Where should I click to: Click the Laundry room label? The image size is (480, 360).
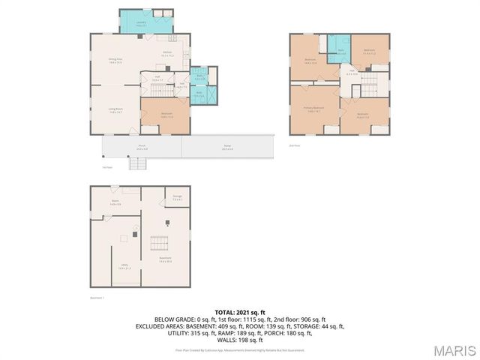pyautogui.click(x=140, y=24)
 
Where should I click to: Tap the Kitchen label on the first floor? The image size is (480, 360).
pyautogui.click(x=168, y=54)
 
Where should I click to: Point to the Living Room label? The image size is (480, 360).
pyautogui.click(x=115, y=110)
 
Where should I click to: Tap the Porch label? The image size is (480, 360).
pyautogui.click(x=141, y=148)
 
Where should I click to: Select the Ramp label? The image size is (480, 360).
pyautogui.click(x=227, y=148)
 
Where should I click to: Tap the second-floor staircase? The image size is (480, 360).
pyautogui.click(x=381, y=83)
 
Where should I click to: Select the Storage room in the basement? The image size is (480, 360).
pyautogui.click(x=178, y=199)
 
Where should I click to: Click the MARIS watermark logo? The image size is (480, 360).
pyautogui.click(x=454, y=349)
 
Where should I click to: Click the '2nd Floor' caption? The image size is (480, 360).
pyautogui.click(x=295, y=145)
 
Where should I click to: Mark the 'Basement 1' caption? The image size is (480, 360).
pyautogui.click(x=97, y=296)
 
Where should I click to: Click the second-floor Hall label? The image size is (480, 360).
pyautogui.click(x=352, y=73)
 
